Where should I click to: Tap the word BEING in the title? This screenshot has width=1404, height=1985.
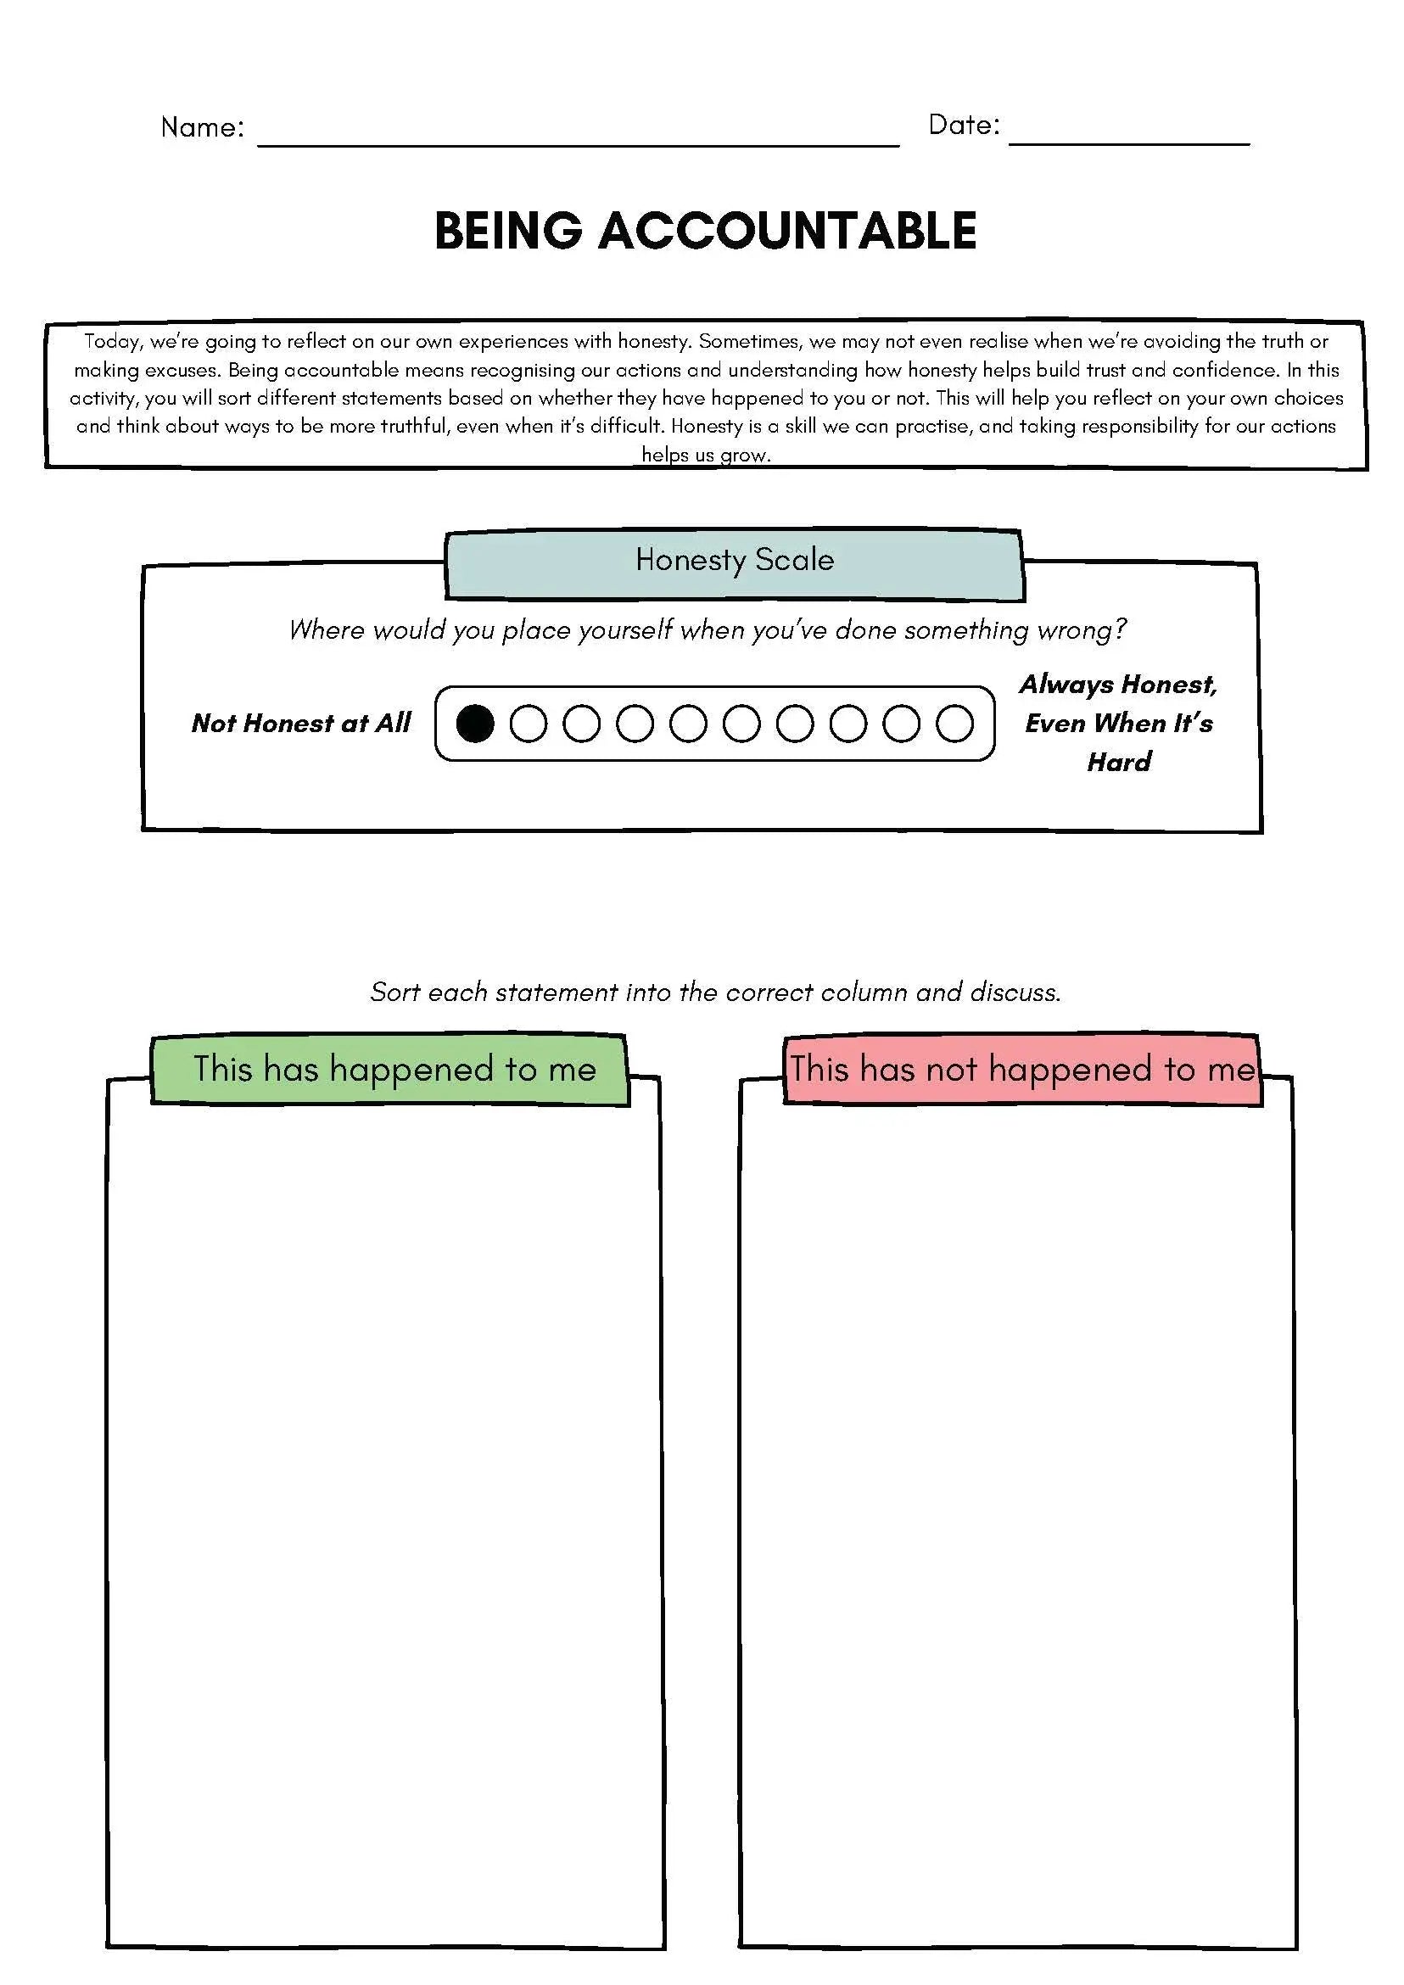[508, 231]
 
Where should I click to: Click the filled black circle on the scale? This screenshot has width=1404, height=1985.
[474, 724]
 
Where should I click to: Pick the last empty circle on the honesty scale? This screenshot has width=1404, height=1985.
[954, 724]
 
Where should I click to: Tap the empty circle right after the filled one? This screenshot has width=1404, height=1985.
[529, 724]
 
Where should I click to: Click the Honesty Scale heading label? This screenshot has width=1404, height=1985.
[734, 560]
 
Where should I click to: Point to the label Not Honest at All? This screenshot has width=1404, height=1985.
[301, 723]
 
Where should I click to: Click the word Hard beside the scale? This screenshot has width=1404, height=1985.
[1119, 762]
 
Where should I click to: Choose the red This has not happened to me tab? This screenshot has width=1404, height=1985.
[1022, 1070]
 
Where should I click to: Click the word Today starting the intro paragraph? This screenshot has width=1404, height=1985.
[112, 342]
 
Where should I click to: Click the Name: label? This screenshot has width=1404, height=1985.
[202, 128]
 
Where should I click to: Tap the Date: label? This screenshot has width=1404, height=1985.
[964, 126]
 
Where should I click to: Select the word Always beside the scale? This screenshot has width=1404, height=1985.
[1066, 685]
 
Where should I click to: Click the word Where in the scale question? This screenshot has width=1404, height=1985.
[325, 630]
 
